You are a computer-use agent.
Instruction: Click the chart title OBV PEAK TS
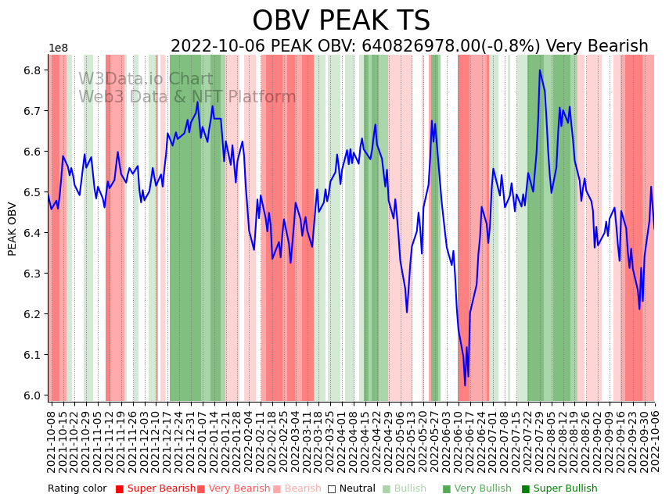341,21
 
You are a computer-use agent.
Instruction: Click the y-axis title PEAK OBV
13,228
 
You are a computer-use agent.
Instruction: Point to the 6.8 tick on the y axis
33,70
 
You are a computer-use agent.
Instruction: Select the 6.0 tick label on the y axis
33,395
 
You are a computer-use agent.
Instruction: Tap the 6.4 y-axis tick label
33,233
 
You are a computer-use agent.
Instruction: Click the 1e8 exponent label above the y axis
59,48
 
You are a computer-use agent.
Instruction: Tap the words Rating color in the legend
77,488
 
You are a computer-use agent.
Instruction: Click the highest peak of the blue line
539,70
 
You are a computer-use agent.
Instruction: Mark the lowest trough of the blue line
465,385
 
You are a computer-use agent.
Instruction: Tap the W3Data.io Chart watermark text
146,80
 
